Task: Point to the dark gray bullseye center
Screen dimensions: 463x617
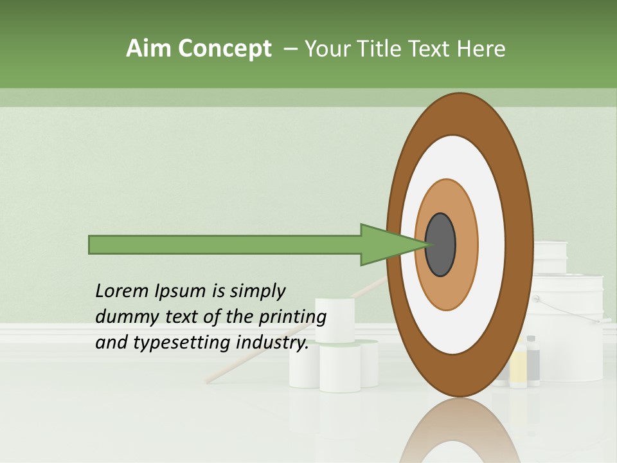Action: coord(440,245)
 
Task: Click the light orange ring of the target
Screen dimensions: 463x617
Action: coord(467,245)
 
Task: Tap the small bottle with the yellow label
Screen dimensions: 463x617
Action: coord(518,369)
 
